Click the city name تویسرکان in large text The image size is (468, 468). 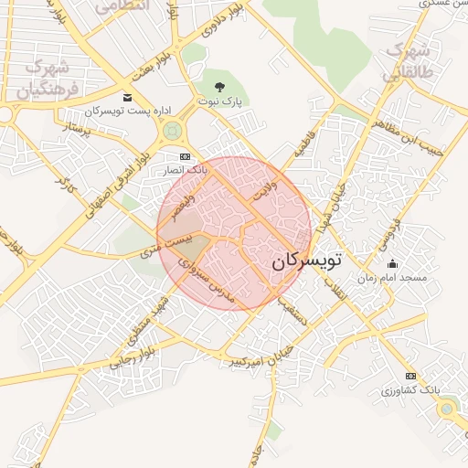pos(305,261)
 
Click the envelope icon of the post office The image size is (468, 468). pos(127,98)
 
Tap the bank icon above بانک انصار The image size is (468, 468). pos(187,156)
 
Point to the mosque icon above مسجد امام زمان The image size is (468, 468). pos(392,263)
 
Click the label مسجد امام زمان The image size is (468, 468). pos(391,276)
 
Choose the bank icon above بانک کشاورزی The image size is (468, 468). pos(410,376)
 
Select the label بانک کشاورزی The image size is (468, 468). pos(411,390)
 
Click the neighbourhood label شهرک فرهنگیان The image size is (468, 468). pos(44,78)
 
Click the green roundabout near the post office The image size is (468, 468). pos(171,133)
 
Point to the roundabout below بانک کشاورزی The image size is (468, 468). pos(446,409)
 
